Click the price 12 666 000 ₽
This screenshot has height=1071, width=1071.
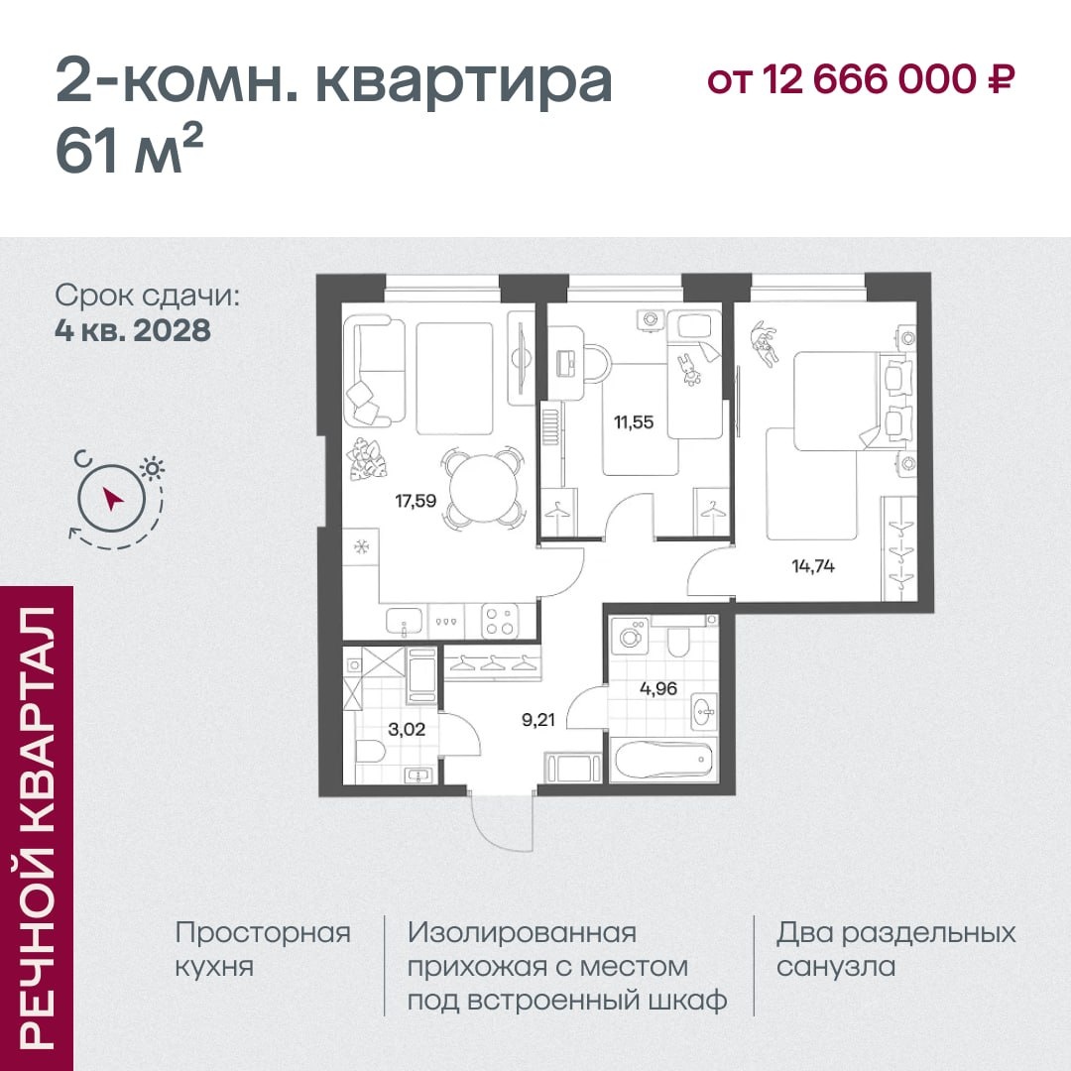coord(888,79)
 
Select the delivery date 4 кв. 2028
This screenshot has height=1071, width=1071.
coord(133,330)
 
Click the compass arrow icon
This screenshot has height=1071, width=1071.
coord(112,499)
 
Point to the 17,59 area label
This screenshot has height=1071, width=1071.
coord(416,502)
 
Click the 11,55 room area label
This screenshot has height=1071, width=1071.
coord(634,422)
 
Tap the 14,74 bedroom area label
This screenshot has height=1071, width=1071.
coord(813,565)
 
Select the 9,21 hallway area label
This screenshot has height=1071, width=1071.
coord(538,719)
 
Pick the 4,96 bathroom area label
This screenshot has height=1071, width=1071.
coord(658,688)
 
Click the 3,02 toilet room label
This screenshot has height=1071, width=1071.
coord(407,730)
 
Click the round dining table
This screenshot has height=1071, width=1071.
coord(483,488)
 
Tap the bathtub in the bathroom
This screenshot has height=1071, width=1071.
coord(662,760)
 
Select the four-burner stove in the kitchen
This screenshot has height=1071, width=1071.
coord(499,620)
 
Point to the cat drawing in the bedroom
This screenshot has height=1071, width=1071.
coord(765,343)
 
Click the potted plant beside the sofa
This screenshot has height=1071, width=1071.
coord(366,460)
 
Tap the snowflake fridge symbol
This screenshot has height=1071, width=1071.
coord(360,546)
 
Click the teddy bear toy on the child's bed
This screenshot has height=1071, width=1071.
coord(689,370)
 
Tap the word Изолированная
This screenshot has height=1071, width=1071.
coord(522,933)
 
